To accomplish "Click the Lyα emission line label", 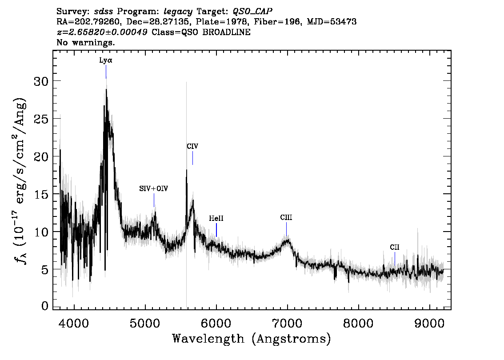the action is [x=106, y=60].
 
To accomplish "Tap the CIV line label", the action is [x=192, y=146].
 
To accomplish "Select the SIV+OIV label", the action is [x=154, y=189].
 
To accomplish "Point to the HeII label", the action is [x=216, y=219].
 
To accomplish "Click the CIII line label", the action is [x=286, y=218].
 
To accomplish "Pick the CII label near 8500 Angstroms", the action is [x=395, y=247].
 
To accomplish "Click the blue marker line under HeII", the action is [x=216, y=230].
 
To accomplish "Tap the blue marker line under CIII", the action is [x=286, y=229].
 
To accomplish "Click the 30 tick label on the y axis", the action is [x=41, y=81].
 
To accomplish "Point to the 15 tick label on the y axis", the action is [x=41, y=195].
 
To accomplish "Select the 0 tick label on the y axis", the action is [x=45, y=306].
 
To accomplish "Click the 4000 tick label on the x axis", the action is [x=74, y=324].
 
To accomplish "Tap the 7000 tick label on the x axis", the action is [x=287, y=324].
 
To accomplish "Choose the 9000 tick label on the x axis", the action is [x=429, y=324].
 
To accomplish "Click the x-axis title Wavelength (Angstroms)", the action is [x=252, y=339].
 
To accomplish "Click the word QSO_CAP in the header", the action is [x=252, y=12].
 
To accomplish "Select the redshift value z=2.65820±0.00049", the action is [x=102, y=32].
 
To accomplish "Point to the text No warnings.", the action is [x=85, y=42].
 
